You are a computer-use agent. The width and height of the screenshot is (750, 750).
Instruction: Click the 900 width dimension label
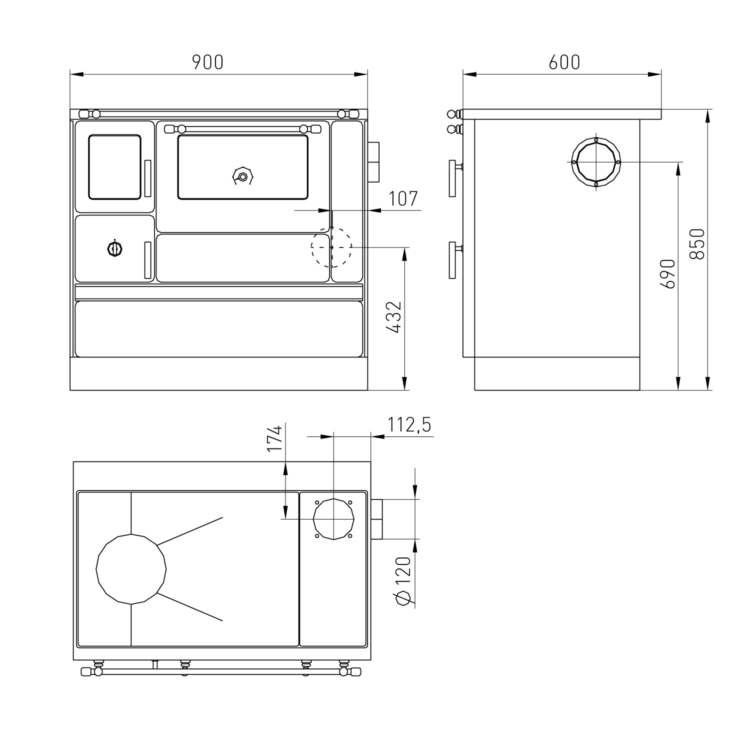click(x=207, y=62)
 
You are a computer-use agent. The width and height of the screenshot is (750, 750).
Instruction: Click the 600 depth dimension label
click(x=564, y=62)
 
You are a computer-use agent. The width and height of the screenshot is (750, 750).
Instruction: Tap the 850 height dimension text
click(x=696, y=244)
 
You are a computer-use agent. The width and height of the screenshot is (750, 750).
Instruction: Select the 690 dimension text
click(x=668, y=273)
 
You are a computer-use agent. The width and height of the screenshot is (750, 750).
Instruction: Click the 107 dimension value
click(x=403, y=199)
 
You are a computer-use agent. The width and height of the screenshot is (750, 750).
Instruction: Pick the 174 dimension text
click(x=275, y=438)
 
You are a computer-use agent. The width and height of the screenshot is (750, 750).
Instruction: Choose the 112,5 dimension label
click(x=409, y=425)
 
